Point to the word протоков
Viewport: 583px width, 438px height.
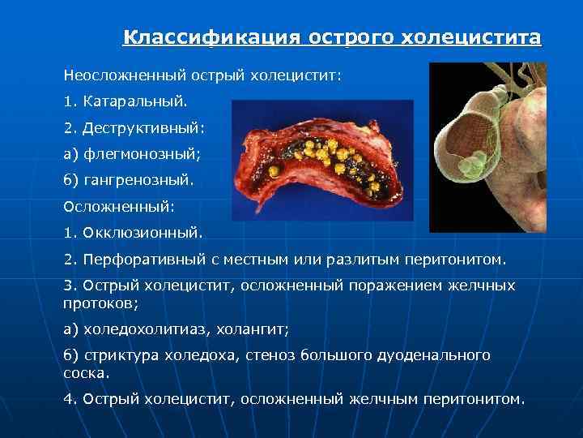pyautogui.click(x=100, y=303)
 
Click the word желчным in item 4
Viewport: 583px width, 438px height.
pyautogui.click(x=381, y=399)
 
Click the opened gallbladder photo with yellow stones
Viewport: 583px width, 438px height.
pyautogui.click(x=322, y=159)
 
